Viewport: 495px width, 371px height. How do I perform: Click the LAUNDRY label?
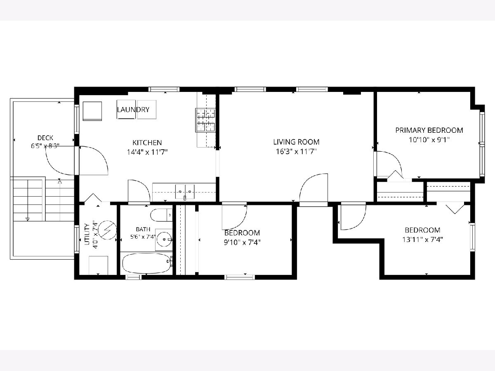tap(133, 110)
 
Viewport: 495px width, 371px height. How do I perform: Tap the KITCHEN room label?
tap(147, 143)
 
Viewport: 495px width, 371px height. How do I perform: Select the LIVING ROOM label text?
tap(296, 142)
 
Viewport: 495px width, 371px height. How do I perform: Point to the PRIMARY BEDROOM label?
tap(429, 130)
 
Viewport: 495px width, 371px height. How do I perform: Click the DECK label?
tap(45, 138)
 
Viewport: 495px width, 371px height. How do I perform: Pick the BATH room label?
tap(143, 229)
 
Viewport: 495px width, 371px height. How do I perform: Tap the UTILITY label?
tap(87, 234)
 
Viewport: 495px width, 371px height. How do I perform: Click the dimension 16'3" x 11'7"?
tap(296, 152)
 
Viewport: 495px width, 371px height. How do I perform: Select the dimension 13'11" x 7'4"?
tap(423, 239)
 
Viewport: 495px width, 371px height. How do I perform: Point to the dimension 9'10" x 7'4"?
tap(242, 242)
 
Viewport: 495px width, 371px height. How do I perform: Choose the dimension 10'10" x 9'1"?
tap(429, 140)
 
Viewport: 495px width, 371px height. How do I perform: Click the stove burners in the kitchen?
tap(205, 120)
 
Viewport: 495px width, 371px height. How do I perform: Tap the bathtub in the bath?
tap(147, 263)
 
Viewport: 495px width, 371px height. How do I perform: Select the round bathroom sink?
tap(165, 240)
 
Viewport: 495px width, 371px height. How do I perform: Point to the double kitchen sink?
tap(185, 192)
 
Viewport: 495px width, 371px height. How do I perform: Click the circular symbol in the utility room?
tap(108, 230)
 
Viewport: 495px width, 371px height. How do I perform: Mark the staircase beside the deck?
tap(43, 199)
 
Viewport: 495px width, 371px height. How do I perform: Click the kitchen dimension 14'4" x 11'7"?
tap(147, 152)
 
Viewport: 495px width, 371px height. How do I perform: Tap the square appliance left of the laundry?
tap(92, 111)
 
